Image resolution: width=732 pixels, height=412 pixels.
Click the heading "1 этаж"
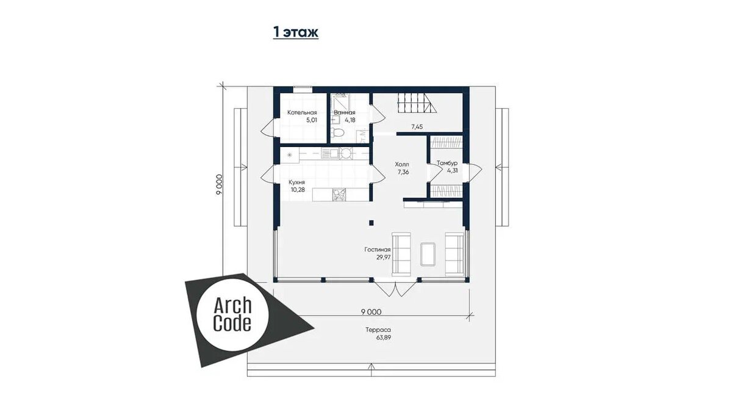[x=296, y=32]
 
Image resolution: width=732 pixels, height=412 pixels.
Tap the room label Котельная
[x=302, y=112]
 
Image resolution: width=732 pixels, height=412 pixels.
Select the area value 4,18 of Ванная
[x=350, y=120]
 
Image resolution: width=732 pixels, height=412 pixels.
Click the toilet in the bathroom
[x=337, y=132]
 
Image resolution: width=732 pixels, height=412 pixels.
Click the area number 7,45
[x=417, y=127]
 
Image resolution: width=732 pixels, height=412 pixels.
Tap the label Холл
[x=401, y=164]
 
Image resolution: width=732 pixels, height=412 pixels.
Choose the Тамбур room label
[x=447, y=163]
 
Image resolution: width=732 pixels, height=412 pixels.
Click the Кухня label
[x=296, y=182]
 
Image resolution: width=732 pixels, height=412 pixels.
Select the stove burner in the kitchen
[x=346, y=153]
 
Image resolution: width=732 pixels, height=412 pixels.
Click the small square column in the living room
[x=371, y=223]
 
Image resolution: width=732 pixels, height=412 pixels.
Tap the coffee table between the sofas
[x=428, y=254]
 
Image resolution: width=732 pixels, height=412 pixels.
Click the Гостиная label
[x=378, y=250]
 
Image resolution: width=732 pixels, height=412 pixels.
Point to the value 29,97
[x=384, y=258]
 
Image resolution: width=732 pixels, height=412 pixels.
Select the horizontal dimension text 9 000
[x=371, y=312]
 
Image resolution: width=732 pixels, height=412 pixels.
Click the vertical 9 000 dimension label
[x=219, y=184]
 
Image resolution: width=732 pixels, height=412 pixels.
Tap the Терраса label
[x=378, y=330]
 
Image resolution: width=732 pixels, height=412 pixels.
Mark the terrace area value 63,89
[x=384, y=338]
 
